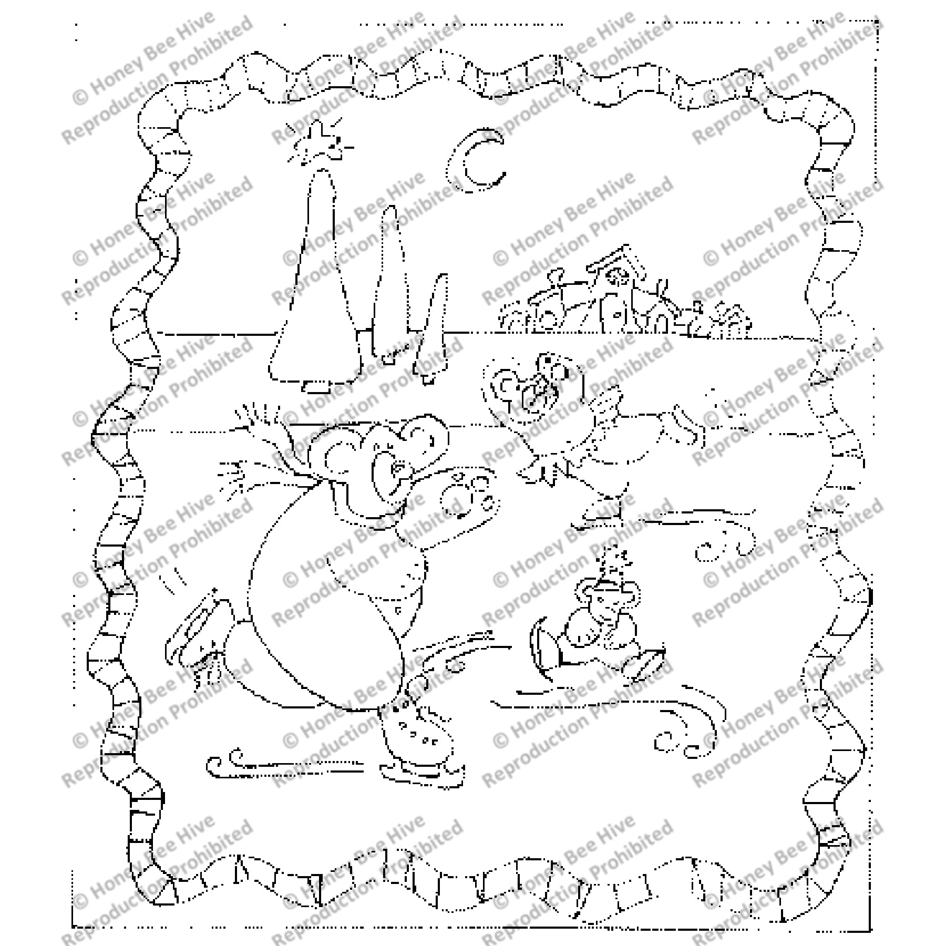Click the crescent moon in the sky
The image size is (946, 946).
coord(468,163)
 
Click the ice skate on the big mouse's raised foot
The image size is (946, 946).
coord(194,631)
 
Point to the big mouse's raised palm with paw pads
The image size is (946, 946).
coord(468,494)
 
